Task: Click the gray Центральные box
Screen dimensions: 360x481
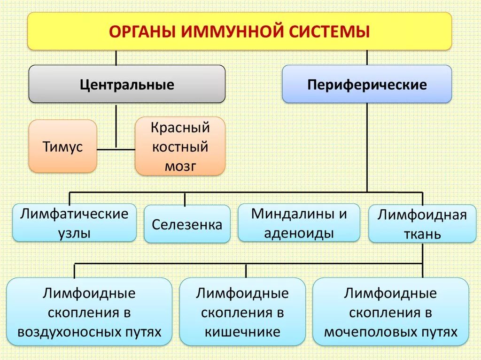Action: tap(127, 84)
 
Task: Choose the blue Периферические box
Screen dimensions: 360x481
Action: tap(367, 84)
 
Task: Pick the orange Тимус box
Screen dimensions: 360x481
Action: tap(63, 146)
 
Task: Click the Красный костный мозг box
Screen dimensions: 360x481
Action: tap(180, 146)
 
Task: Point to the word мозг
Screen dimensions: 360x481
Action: tap(180, 166)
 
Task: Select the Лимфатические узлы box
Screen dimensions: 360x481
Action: tap(74, 223)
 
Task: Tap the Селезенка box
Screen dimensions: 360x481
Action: tap(187, 224)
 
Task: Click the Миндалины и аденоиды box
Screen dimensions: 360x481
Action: tap(299, 223)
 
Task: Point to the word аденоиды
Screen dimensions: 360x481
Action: tap(299, 233)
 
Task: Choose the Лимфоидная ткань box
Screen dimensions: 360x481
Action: tap(422, 224)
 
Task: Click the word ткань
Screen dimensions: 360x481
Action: tap(422, 234)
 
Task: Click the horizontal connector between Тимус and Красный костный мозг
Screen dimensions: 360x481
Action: tap(116, 150)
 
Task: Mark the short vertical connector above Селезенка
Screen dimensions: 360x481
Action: tap(185, 199)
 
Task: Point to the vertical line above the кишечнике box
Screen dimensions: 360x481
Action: tap(246, 270)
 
